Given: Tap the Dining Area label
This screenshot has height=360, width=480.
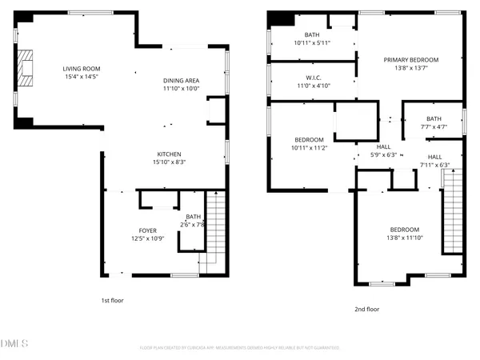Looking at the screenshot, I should pyautogui.click(x=181, y=80).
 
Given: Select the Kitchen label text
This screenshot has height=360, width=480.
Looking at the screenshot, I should pyautogui.click(x=169, y=154).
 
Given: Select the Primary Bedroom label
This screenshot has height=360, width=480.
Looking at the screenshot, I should pyautogui.click(x=410, y=60).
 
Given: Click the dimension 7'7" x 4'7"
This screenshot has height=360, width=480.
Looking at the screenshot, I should pyautogui.click(x=432, y=126).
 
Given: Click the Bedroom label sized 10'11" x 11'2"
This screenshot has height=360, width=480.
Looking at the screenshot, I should pyautogui.click(x=309, y=140).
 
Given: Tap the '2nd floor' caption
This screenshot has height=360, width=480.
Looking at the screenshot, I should pyautogui.click(x=366, y=309).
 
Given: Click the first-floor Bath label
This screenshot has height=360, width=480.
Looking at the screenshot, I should pyautogui.click(x=194, y=216).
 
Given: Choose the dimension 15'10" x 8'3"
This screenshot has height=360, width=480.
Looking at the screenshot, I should pyautogui.click(x=169, y=162).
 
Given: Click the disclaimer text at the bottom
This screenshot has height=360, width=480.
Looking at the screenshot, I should pyautogui.click(x=240, y=348).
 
